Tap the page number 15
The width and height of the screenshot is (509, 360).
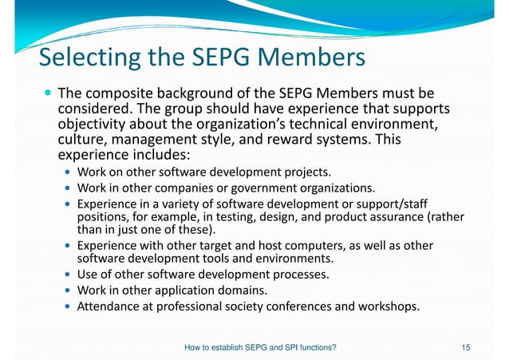pos(467,347)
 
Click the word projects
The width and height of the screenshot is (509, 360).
pos(307,172)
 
